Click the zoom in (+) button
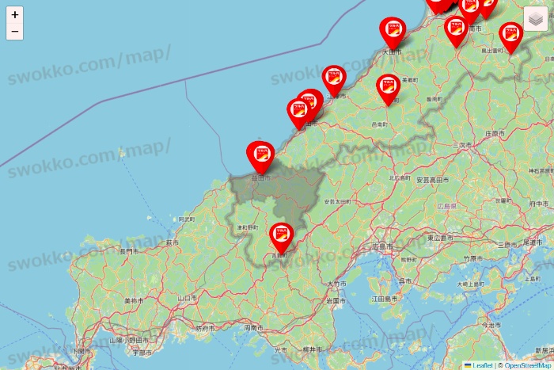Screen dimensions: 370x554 pos(14,14)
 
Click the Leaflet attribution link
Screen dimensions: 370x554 pos(482,365)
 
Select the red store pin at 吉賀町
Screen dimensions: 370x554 pos(281,235)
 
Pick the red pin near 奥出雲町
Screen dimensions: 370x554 pos(511,36)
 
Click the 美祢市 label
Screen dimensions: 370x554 pos(134,301)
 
